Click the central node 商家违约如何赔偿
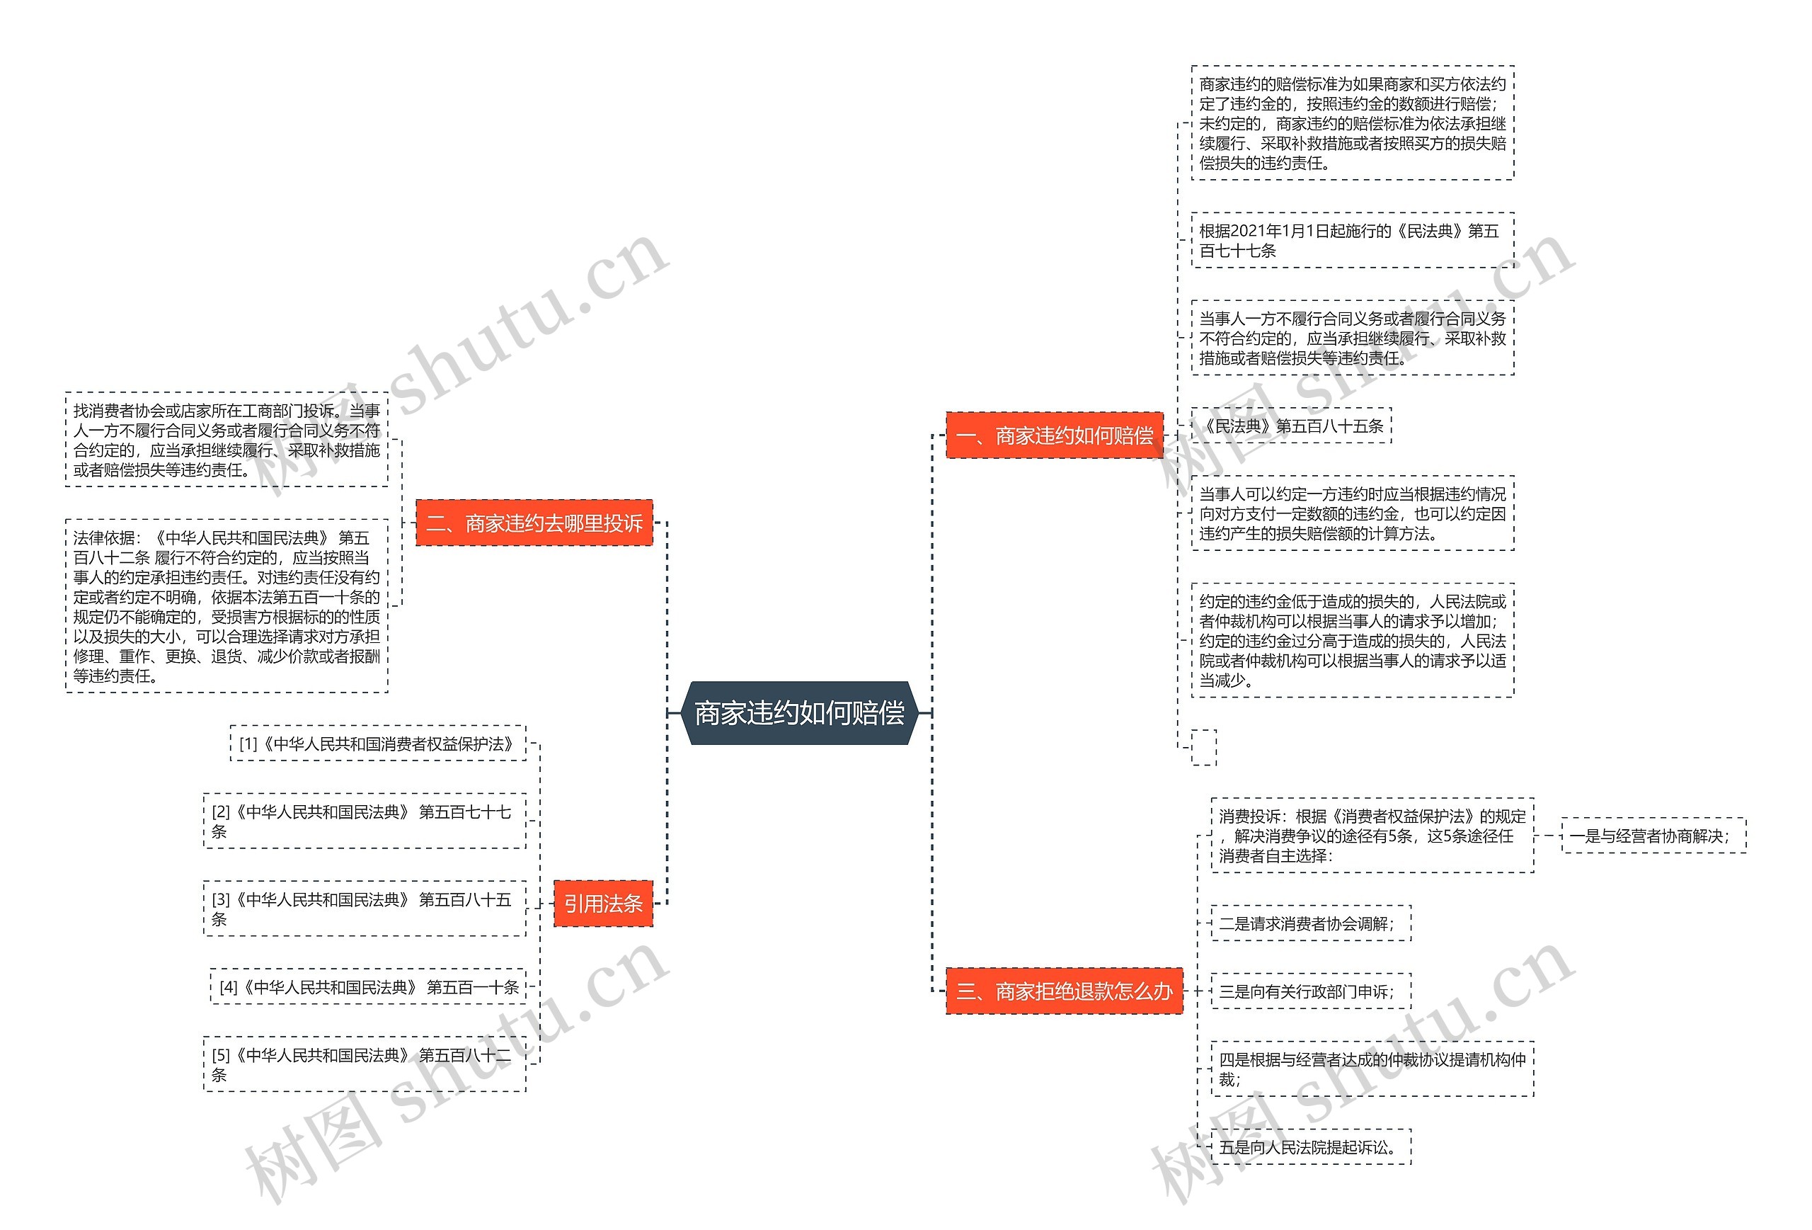pyautogui.click(x=799, y=713)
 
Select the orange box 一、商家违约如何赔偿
pyautogui.click(x=1054, y=435)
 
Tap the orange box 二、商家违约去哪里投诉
pyautogui.click(x=534, y=523)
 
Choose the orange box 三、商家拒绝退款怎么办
pyautogui.click(x=1065, y=991)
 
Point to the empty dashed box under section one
pyautogui.click(x=1204, y=747)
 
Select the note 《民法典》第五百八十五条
pyautogui.click(x=1291, y=426)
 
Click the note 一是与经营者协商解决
pyautogui.click(x=1653, y=836)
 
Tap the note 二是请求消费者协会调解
pyautogui.click(x=1310, y=923)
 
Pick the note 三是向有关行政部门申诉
pyautogui.click(x=1310, y=991)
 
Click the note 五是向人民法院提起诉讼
pyautogui.click(x=1310, y=1146)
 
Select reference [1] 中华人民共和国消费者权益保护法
pyautogui.click(x=378, y=744)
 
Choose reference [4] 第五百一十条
pyautogui.click(x=368, y=986)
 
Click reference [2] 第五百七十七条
pyautogui.click(x=364, y=821)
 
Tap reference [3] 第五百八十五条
pyautogui.click(x=364, y=909)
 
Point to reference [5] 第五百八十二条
pyautogui.click(x=364, y=1064)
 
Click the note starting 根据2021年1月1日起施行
pyautogui.click(x=1352, y=240)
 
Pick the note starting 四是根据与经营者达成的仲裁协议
pyautogui.click(x=1372, y=1069)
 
